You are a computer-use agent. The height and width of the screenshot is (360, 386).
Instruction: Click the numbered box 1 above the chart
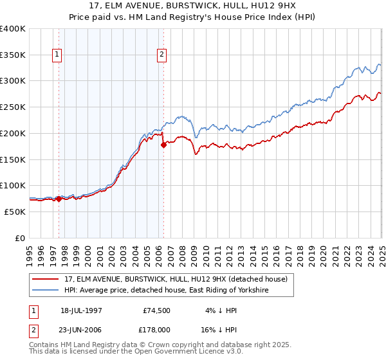coord(58,55)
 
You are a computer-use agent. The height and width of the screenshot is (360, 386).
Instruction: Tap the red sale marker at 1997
coord(59,199)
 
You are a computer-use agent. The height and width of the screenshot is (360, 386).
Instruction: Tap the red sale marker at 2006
coord(163,145)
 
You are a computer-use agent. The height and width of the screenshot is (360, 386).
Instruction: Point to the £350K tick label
coord(13,55)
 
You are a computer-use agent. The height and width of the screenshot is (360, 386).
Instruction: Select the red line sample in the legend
coord(46,279)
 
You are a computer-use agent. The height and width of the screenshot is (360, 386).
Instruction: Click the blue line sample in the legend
coord(46,291)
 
